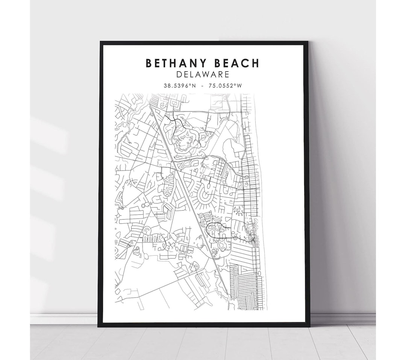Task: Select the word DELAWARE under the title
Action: point(203,75)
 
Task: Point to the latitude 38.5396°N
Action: point(179,86)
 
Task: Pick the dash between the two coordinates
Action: point(203,86)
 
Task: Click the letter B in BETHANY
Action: point(149,63)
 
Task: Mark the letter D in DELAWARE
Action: point(179,75)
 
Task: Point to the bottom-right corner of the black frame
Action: point(309,325)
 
